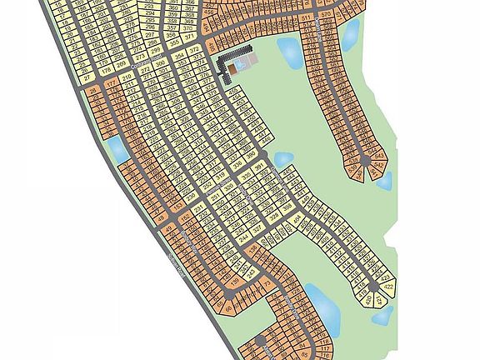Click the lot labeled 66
coord(230,309)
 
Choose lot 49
coord(169,227)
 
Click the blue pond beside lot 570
coord(352,32)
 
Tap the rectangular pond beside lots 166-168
coord(117,149)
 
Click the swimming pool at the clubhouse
coord(240,63)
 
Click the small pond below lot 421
coord(382,315)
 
